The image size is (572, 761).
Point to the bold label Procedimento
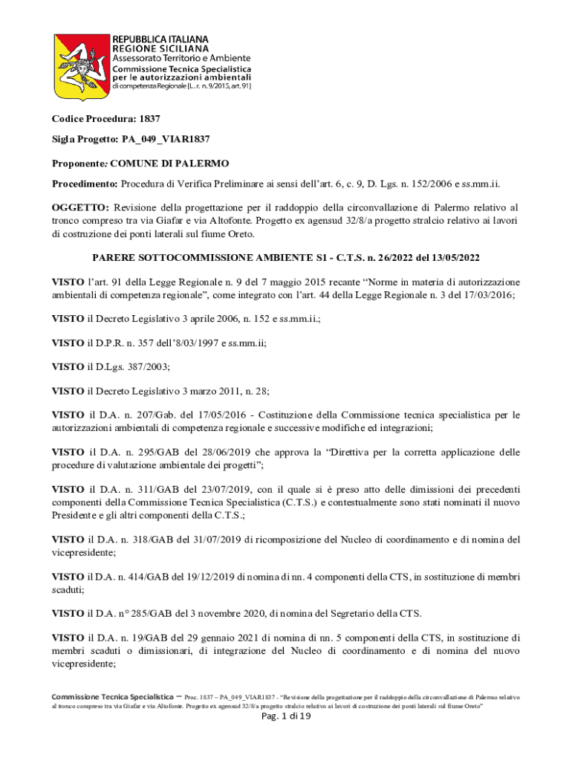pyautogui.click(x=84, y=184)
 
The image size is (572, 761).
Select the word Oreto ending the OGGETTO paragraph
pyautogui.click(x=238, y=234)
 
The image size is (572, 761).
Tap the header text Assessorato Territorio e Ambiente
pyautogui.click(x=181, y=58)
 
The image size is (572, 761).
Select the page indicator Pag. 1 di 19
pyautogui.click(x=286, y=716)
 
